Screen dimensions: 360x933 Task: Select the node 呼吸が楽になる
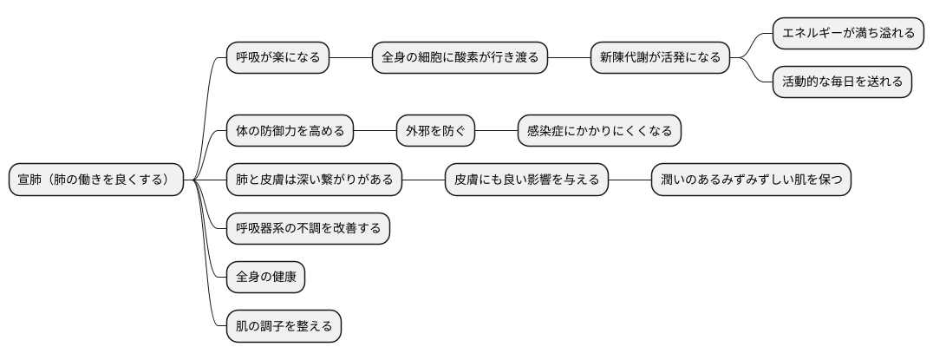pos(277,58)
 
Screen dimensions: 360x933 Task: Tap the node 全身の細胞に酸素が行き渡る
pos(460,58)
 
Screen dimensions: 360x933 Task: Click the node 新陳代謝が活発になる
pos(660,58)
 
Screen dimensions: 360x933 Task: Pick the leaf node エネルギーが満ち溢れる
pos(848,34)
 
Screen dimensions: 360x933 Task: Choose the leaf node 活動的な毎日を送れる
pos(842,82)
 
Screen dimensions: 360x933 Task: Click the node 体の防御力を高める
pos(290,132)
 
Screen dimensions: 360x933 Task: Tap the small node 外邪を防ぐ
pos(435,132)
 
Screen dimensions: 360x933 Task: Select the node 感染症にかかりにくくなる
pos(599,132)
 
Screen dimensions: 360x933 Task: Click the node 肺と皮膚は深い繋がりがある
pos(314,180)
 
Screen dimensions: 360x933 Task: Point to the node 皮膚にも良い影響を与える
pos(526,180)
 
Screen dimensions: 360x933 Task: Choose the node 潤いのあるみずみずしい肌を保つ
pos(751,180)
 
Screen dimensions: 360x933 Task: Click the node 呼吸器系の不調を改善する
pos(308,229)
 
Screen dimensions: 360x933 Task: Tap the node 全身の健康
pos(265,278)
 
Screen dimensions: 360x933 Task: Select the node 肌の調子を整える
pos(284,327)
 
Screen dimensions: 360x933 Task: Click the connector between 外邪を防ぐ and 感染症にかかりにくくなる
pos(496,132)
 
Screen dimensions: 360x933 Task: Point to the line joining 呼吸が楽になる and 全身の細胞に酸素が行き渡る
pos(350,58)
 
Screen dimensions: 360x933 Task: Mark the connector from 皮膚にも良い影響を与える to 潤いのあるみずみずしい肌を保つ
pos(630,180)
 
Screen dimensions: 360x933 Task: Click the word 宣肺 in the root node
pos(30,180)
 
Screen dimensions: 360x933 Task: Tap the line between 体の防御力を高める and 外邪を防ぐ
pos(375,132)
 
